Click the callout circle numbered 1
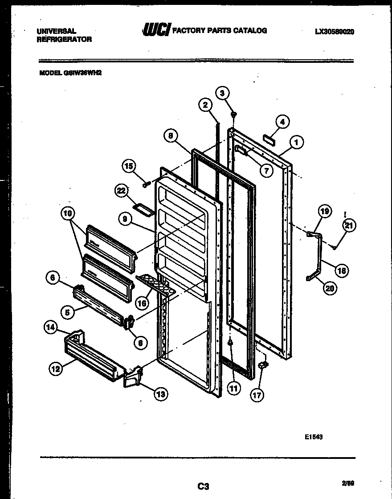coord(296,142)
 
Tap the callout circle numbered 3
coord(223,93)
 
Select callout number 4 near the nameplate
coord(282,122)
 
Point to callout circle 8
coord(171,136)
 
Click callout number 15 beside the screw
coord(128,166)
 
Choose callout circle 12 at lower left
coord(55,368)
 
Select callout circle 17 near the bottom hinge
coord(257,394)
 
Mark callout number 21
coord(349,226)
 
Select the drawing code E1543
coord(314,437)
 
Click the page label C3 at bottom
coord(203,486)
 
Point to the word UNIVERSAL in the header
coord(56,31)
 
